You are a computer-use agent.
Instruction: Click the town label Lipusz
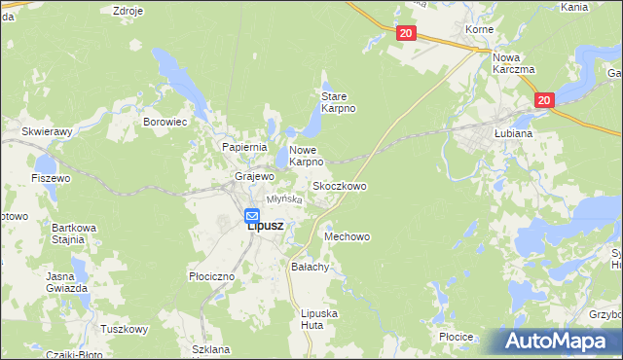(265, 226)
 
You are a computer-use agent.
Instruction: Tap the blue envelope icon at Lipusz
(252, 215)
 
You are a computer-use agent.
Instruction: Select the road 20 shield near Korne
(407, 33)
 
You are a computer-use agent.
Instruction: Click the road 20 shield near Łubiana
(543, 99)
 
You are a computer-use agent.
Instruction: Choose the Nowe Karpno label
(306, 156)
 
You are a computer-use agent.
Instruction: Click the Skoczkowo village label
(339, 185)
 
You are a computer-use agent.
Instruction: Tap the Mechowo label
(348, 236)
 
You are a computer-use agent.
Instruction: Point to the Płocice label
(456, 337)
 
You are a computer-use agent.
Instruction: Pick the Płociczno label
(211, 276)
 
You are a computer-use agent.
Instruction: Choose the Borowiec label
(165, 123)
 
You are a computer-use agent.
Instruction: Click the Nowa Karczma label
(514, 63)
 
